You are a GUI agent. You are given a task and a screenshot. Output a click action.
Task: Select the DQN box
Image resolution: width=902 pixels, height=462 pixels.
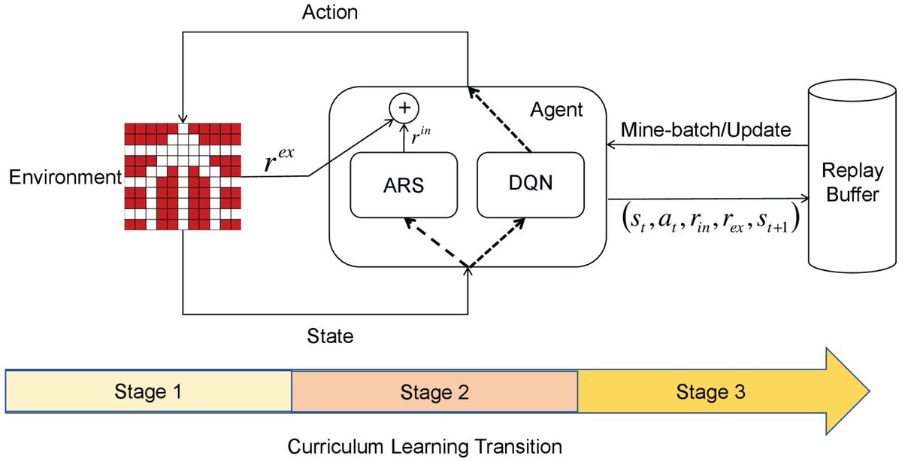(x=531, y=184)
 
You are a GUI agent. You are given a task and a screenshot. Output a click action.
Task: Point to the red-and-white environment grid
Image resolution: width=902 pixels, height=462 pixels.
(x=184, y=175)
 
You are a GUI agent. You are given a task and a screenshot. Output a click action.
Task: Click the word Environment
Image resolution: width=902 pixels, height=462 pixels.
(x=65, y=178)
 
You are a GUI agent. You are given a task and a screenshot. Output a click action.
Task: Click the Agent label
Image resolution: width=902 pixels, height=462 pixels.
(x=555, y=111)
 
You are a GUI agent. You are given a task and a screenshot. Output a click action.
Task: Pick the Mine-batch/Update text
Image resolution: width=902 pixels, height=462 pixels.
(x=706, y=130)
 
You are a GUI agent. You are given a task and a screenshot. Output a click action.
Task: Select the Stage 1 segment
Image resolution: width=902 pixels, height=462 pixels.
(x=148, y=391)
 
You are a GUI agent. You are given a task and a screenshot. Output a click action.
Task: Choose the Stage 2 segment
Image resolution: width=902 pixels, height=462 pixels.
(x=434, y=391)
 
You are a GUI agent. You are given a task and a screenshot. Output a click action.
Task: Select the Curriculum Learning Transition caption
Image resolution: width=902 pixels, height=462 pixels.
(x=425, y=446)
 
